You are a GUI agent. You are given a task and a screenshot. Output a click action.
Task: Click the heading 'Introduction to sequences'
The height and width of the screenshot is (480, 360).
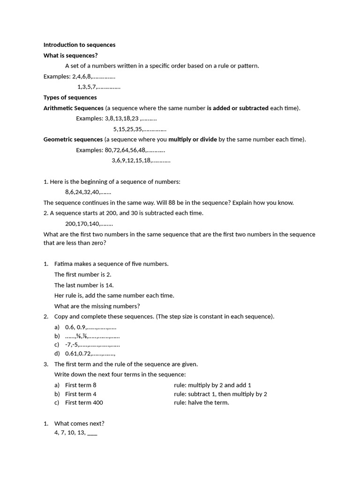tap(79, 45)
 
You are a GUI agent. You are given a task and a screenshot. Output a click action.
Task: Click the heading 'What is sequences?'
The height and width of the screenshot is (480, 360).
tap(70, 55)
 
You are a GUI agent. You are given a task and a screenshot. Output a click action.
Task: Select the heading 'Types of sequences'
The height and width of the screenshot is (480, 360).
tap(70, 97)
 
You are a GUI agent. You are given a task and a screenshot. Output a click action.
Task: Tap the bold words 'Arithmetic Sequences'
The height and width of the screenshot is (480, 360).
tap(73, 108)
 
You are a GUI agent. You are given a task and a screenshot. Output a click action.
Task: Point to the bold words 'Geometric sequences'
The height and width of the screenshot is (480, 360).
tap(73, 139)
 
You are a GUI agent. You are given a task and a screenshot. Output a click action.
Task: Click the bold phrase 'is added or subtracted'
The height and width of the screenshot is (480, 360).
tap(238, 108)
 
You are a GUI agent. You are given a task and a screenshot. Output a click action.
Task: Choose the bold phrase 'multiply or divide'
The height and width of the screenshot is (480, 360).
tap(193, 139)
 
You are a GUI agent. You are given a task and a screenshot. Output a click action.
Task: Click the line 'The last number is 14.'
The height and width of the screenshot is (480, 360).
tap(84, 285)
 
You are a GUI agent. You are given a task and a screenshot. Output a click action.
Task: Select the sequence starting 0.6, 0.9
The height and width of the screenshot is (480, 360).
tap(90, 328)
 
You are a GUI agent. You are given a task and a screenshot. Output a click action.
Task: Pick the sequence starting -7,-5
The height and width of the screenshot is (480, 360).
tap(92, 345)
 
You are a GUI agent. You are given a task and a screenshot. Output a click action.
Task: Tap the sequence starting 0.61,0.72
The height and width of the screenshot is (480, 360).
tap(90, 353)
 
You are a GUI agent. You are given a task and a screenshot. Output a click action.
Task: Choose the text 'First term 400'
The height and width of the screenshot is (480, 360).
tap(84, 403)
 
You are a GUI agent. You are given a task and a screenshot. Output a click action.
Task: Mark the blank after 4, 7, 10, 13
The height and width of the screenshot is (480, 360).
tap(92, 433)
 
